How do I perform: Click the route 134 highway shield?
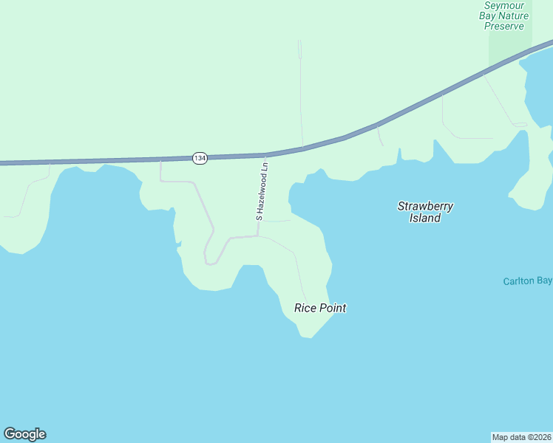(x=200, y=158)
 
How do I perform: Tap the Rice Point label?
(x=320, y=308)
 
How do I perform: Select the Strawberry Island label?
(x=425, y=212)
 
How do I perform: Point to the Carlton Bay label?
(x=527, y=281)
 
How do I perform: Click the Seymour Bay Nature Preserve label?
(x=504, y=16)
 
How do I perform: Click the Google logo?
(x=24, y=434)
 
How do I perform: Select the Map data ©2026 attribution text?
(x=521, y=436)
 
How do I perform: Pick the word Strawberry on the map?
(x=425, y=206)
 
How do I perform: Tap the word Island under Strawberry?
(x=425, y=218)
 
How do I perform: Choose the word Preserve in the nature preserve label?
(x=504, y=26)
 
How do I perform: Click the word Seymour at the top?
(x=505, y=5)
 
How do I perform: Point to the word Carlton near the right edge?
(x=519, y=281)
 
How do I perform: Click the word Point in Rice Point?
(x=332, y=308)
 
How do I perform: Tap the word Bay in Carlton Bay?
(x=544, y=281)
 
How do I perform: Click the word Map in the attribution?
(x=501, y=436)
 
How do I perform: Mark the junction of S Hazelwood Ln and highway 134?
(x=265, y=155)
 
